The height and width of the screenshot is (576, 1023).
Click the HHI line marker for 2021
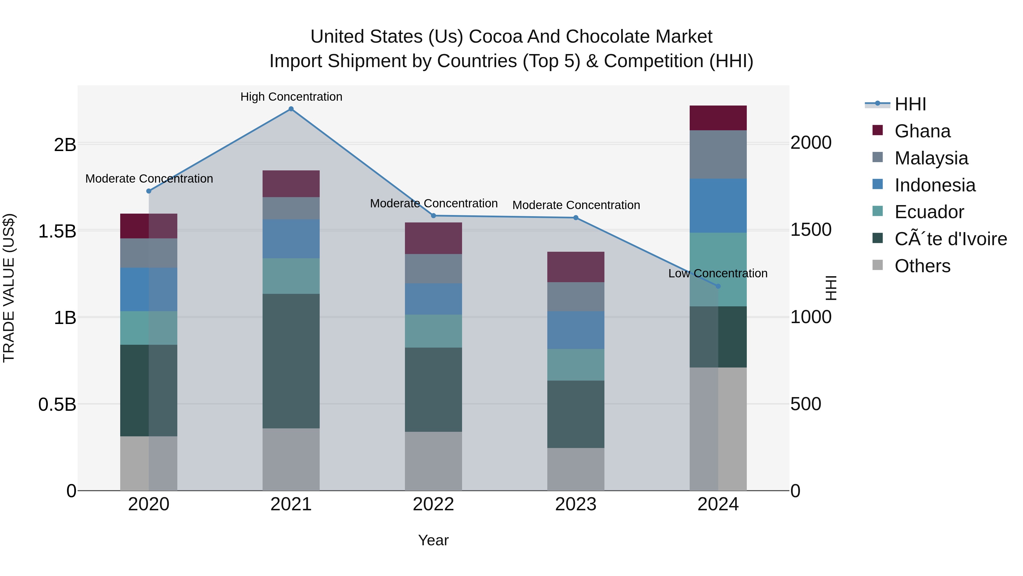pyautogui.click(x=291, y=109)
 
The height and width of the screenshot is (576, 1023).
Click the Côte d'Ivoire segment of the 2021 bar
pyautogui.click(x=291, y=361)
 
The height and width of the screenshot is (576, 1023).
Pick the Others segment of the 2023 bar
pyautogui.click(x=575, y=469)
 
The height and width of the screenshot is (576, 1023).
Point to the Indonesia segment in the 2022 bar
pyautogui.click(x=433, y=299)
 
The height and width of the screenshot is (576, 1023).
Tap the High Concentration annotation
pyautogui.click(x=291, y=97)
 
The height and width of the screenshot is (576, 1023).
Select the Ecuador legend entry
pyautogui.click(x=929, y=212)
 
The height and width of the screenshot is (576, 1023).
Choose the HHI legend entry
pyautogui.click(x=910, y=104)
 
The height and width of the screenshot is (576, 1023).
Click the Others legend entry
pyautogui.click(x=922, y=266)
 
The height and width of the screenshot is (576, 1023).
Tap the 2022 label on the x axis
pyautogui.click(x=433, y=504)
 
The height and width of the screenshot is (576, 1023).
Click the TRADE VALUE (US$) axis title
pyautogui.click(x=9, y=288)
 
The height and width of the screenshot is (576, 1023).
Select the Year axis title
pyautogui.click(x=433, y=540)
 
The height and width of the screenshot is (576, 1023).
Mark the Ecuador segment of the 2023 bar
pyautogui.click(x=575, y=365)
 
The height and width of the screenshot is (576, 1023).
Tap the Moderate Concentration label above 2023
pyautogui.click(x=576, y=205)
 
